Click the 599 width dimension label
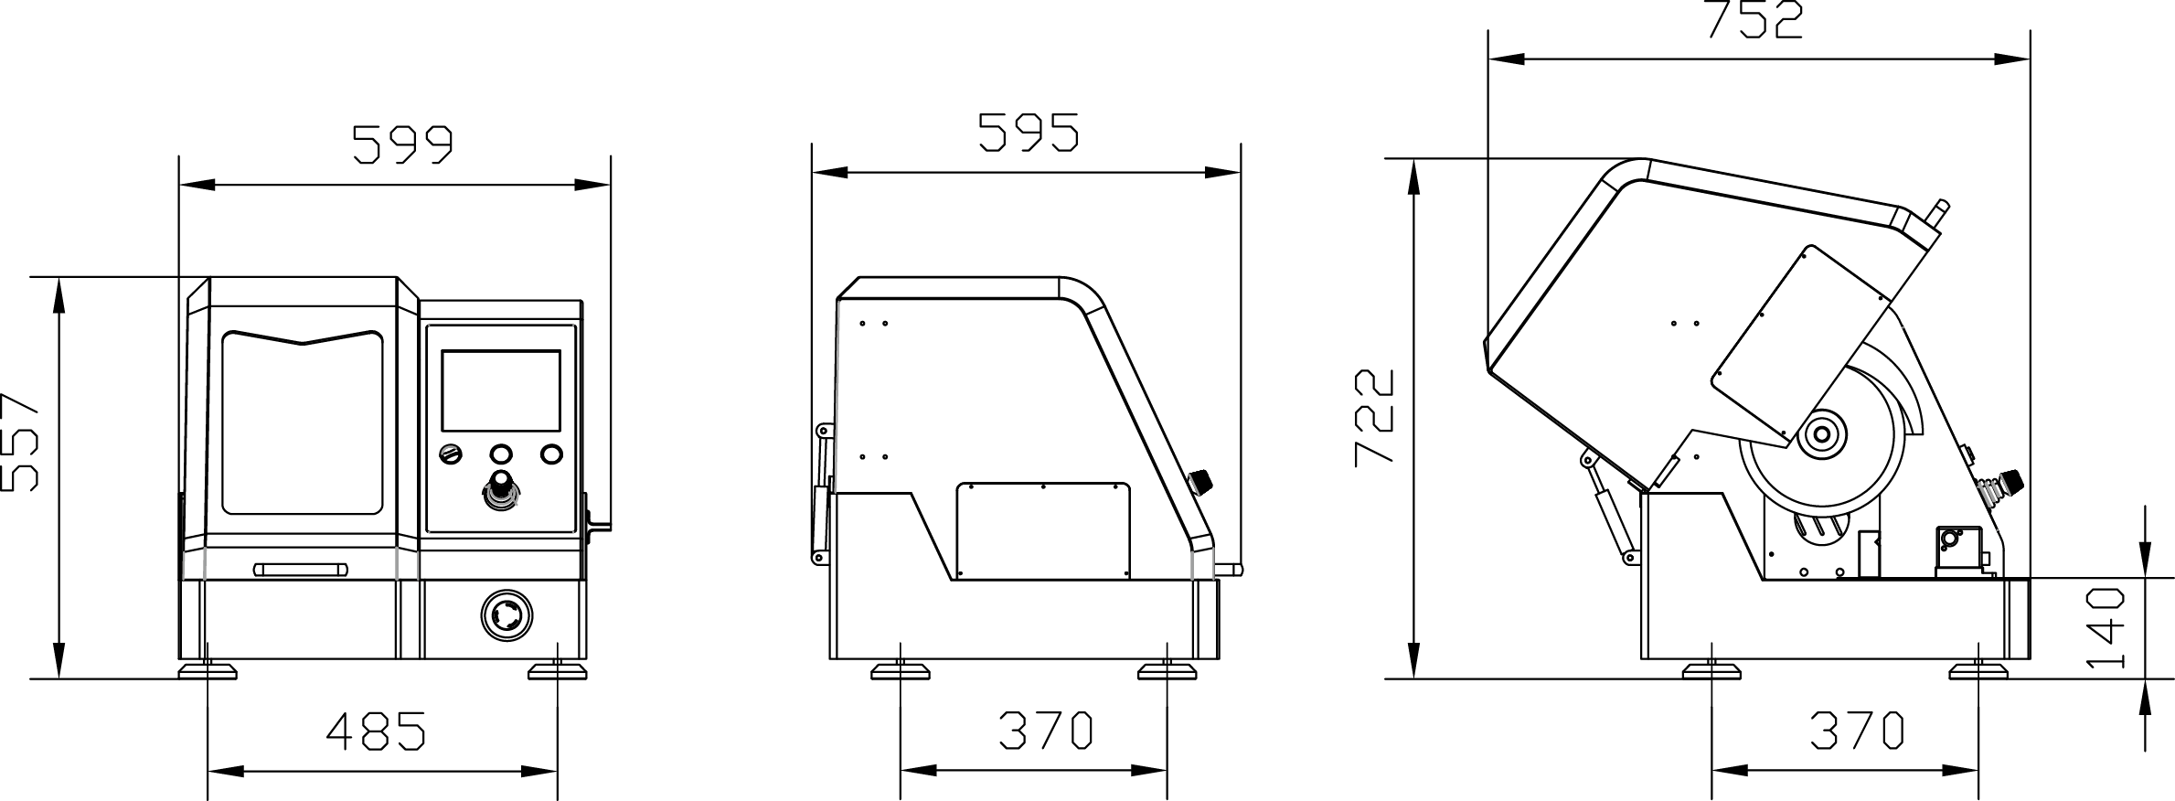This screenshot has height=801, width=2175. point(403,144)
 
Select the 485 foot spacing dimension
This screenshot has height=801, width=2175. point(377,731)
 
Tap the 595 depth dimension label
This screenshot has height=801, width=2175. point(1029,133)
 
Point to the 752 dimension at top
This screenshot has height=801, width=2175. point(1755,20)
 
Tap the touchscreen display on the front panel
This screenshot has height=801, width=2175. point(501,390)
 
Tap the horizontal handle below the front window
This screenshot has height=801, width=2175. point(301,570)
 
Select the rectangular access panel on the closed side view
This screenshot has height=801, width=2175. point(1043,531)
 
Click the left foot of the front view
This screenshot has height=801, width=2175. point(207,672)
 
